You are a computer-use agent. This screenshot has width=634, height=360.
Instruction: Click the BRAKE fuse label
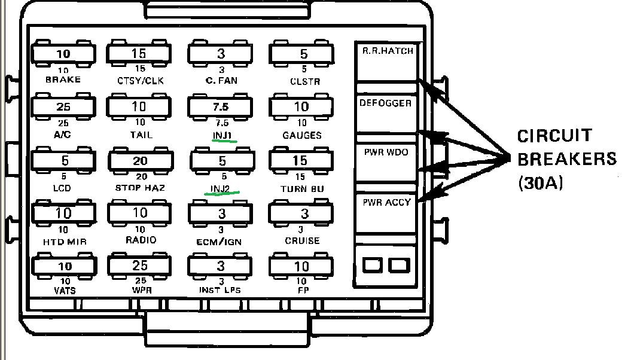(63, 80)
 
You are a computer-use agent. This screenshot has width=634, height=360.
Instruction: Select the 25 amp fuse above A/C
(63, 107)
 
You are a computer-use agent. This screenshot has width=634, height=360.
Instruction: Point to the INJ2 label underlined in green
(221, 189)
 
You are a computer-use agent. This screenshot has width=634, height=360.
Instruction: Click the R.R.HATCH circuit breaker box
(387, 62)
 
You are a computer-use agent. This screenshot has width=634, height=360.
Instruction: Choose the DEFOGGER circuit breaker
(386, 112)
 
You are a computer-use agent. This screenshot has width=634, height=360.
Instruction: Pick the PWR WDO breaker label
(386, 152)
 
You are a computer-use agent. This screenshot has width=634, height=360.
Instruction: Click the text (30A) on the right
(541, 182)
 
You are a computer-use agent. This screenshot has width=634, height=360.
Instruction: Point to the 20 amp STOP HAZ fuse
(140, 161)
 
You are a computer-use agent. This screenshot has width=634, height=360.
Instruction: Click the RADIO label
(139, 240)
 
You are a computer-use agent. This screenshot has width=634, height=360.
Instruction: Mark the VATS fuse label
(63, 291)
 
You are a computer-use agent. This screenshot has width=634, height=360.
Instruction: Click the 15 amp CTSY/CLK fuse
(139, 54)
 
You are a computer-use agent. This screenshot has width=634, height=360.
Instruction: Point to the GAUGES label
(301, 136)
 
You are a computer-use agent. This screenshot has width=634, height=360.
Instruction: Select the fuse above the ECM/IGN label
(221, 214)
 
